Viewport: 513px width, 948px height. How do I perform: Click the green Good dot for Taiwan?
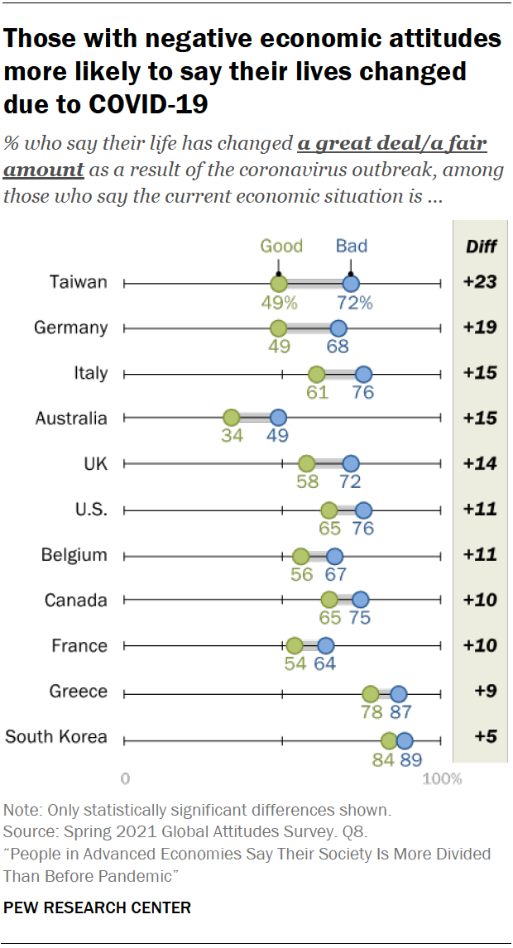point(279,284)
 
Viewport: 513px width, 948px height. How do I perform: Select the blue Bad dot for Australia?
point(278,418)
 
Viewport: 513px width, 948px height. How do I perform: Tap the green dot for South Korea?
point(389,740)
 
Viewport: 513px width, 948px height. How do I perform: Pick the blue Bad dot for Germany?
point(338,328)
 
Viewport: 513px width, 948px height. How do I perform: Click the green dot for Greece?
point(371,694)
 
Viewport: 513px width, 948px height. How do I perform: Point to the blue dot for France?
point(325,645)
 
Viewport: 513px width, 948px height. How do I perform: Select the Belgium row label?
point(74,554)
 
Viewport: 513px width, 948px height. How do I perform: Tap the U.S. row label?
point(88,509)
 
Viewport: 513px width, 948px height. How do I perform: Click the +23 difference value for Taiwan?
point(480,282)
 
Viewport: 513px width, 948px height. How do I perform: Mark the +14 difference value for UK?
point(480,463)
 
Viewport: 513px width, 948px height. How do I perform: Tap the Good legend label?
point(281,246)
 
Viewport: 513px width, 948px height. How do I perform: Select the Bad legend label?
point(351,246)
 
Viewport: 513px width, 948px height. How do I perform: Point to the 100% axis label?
point(443,778)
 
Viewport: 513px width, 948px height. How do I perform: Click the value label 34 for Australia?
point(232,436)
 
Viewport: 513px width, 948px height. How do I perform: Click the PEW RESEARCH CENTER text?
point(97,907)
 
